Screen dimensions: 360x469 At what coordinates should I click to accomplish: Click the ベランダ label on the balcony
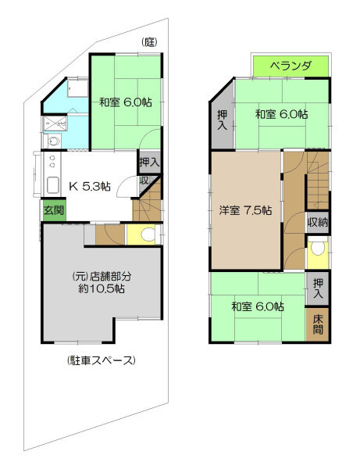[x=290, y=66]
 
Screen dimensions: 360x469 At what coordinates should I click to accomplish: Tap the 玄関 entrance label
[x=54, y=210]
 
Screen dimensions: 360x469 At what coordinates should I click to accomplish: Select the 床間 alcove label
[x=318, y=324]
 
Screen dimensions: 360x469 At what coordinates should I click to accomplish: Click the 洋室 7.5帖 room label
[x=245, y=210]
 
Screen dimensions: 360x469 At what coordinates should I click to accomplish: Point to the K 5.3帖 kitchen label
[x=89, y=186]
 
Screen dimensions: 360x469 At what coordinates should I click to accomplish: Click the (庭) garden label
[x=149, y=42]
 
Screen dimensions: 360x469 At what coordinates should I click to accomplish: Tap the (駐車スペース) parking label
[x=102, y=360]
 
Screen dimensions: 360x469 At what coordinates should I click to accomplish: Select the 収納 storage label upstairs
[x=318, y=222]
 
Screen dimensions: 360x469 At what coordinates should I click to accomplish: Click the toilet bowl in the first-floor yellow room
[x=148, y=234]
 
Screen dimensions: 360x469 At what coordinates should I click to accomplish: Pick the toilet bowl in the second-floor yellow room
[x=318, y=248]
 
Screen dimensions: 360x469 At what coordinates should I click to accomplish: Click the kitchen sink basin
[x=52, y=186]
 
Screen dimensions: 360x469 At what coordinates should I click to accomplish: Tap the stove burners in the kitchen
[x=52, y=161]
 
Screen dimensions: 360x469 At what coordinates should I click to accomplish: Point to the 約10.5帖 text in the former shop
[x=102, y=289]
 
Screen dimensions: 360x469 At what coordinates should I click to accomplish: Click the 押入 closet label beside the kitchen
[x=149, y=163]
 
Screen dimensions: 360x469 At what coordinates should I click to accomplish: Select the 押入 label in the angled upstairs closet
[x=223, y=120]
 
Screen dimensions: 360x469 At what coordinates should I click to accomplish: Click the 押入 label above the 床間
[x=318, y=288]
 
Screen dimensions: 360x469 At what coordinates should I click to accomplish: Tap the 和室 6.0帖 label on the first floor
[x=126, y=102]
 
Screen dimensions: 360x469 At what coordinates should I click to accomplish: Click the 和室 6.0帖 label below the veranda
[x=281, y=114]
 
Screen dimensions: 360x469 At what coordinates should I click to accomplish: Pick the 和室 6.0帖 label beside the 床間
[x=258, y=306]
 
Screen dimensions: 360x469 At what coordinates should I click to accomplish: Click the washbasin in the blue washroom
[x=54, y=141]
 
